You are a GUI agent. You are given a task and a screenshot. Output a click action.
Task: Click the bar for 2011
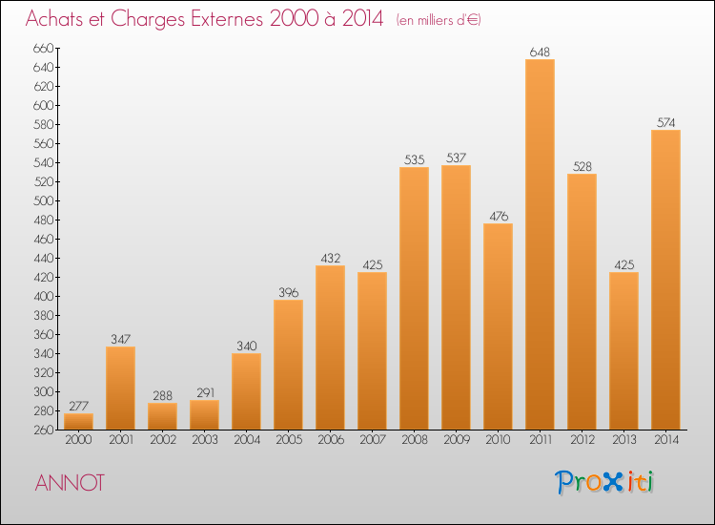540,244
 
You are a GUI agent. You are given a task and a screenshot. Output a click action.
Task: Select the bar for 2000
78,421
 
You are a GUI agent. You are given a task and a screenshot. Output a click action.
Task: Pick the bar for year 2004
246,391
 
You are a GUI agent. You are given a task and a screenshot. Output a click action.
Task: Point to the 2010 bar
498,326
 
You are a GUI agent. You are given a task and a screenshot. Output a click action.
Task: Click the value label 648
540,52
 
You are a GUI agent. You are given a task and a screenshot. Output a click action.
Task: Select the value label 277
78,406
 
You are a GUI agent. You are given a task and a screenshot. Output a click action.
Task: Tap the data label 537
456,157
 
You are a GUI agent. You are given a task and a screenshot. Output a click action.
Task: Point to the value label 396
288,292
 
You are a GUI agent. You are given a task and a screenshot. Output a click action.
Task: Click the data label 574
665,122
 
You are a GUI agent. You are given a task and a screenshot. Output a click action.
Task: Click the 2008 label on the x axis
414,439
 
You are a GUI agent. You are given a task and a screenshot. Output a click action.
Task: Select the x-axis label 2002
162,439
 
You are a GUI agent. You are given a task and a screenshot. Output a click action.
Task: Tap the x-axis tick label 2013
623,439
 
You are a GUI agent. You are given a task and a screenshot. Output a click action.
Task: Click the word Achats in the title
58,20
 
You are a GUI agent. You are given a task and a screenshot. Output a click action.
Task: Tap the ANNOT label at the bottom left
71,483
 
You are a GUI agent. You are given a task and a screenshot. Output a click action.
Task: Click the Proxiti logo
603,482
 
